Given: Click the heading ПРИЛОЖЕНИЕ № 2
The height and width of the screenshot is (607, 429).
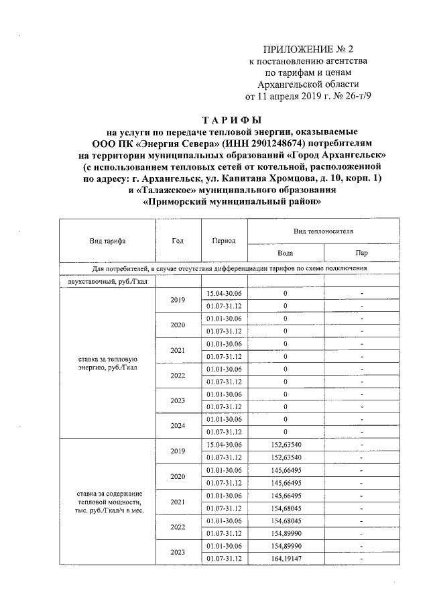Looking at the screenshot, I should pyautogui.click(x=308, y=49).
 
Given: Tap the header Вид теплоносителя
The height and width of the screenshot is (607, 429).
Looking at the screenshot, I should pyautogui.click(x=323, y=230).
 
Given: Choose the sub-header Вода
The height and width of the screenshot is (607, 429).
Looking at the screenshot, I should pyautogui.click(x=285, y=253).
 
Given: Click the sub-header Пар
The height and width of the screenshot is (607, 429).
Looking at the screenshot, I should pyautogui.click(x=361, y=253).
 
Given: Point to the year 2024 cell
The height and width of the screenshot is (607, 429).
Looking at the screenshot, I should pyautogui.click(x=178, y=425).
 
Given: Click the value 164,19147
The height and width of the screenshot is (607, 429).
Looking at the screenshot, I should pyautogui.click(x=285, y=559).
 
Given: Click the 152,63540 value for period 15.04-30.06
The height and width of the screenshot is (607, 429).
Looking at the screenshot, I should pyautogui.click(x=285, y=444).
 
